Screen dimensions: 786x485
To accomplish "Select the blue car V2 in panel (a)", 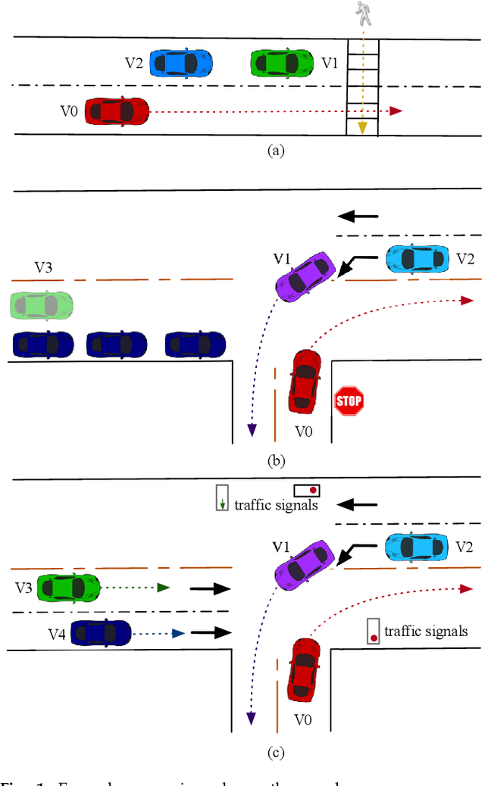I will pos(180,61).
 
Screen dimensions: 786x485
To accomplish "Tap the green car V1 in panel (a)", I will pos(281,62).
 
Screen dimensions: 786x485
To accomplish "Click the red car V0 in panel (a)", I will pos(116,111).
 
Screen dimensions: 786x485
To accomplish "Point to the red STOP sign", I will pos(349,400).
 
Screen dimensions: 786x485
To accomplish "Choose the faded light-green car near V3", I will pos(42,305).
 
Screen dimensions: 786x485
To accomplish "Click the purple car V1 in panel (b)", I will pos(304,276).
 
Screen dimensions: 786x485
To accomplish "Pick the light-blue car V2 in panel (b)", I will pos(417,259).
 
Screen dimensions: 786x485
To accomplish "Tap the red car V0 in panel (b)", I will pos(303,382).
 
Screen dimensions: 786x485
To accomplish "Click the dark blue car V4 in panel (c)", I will pos(102,632).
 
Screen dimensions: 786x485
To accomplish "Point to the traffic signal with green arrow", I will pos(221,497).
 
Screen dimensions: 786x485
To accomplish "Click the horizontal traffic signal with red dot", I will pos(308,490).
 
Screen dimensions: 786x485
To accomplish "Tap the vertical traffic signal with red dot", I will pos(373,631).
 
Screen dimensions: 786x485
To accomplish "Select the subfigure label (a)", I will pos(277,150).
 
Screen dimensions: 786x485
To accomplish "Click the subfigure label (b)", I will pos(277,459).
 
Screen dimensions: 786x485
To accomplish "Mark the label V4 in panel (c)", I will pos(47,632).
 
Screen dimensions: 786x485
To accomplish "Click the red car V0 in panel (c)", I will pos(303,668).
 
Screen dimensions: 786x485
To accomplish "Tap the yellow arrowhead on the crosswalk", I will pos(363,127).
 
